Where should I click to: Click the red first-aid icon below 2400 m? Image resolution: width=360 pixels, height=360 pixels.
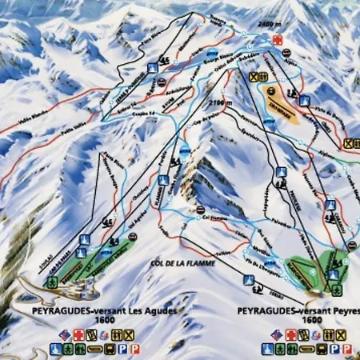point(277,38)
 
